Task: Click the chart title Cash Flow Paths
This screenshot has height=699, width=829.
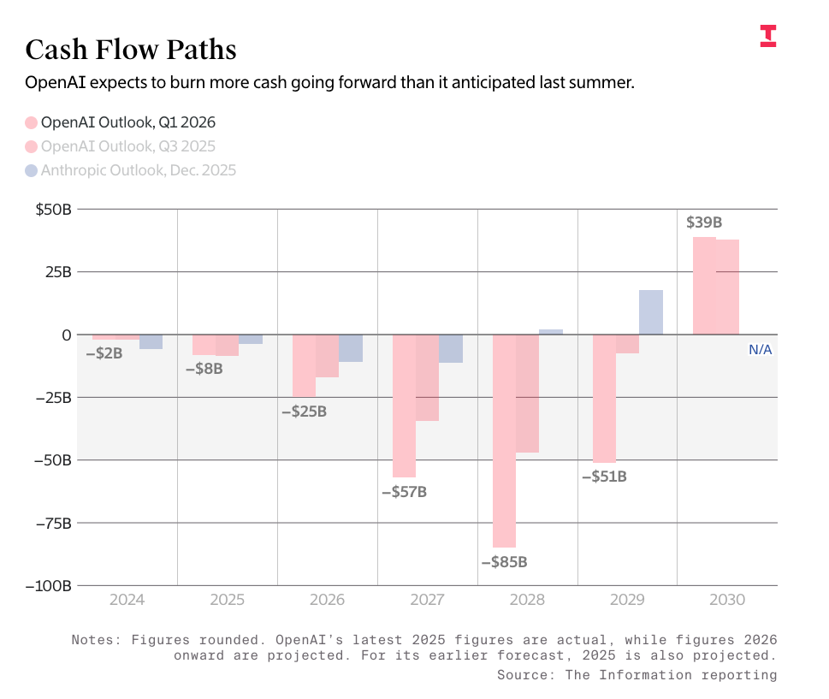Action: [x=130, y=50]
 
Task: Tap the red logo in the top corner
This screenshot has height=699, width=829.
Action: [x=767, y=36]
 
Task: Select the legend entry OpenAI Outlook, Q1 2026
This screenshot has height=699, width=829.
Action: [x=120, y=122]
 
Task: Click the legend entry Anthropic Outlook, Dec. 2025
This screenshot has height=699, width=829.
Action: [x=130, y=170]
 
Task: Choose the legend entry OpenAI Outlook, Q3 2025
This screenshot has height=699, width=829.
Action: [x=120, y=146]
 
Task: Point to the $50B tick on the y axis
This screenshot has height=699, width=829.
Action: [x=53, y=209]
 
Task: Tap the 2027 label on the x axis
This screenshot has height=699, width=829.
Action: [x=427, y=601]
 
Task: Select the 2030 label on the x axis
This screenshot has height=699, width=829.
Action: [x=727, y=601]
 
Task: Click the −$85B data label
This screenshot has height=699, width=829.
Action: [x=504, y=563]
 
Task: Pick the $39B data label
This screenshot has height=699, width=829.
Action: [x=704, y=222]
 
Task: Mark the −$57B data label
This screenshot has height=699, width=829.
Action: [x=404, y=493]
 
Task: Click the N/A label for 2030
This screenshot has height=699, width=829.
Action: [x=761, y=349]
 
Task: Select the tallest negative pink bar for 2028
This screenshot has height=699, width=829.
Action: [x=504, y=441]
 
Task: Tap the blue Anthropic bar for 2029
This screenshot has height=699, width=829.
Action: [x=650, y=312]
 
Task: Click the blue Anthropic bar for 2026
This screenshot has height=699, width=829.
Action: [x=351, y=348]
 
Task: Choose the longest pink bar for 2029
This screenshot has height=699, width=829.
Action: [x=604, y=399]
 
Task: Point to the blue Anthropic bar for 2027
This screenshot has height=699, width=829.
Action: [x=451, y=349]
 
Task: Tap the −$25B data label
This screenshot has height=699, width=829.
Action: [x=304, y=412]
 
